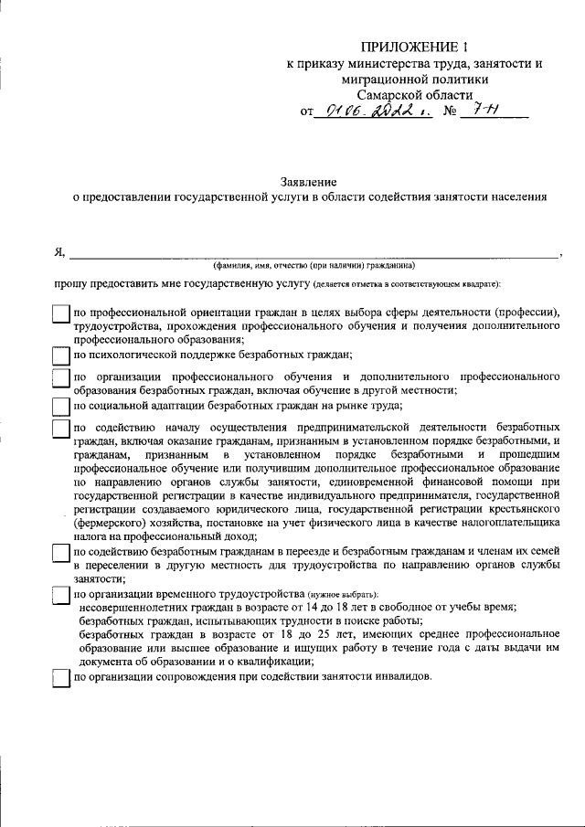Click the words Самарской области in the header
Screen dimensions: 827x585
[x=415, y=95]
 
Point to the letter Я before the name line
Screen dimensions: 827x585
[x=58, y=252]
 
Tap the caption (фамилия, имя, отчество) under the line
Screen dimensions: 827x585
[x=314, y=266]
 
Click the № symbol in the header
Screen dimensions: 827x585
[x=448, y=112]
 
